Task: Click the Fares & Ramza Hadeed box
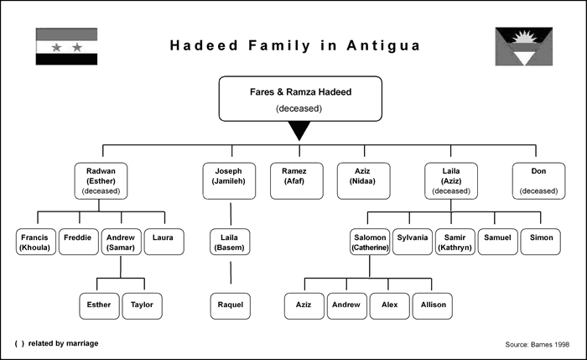(x=300, y=99)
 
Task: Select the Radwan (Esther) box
(x=101, y=181)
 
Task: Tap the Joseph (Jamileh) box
(x=229, y=181)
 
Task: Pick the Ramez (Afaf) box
(x=297, y=181)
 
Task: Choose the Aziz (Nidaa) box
(x=363, y=181)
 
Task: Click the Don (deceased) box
(x=538, y=181)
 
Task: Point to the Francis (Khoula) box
(x=36, y=242)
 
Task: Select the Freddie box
(x=79, y=242)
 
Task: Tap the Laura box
(x=164, y=242)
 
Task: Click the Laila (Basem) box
(x=230, y=242)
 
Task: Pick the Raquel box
(x=231, y=306)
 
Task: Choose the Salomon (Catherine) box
(x=370, y=242)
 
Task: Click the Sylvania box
(x=413, y=242)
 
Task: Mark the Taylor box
(x=143, y=306)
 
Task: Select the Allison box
(x=433, y=306)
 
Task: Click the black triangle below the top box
(x=299, y=129)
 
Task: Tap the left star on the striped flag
(x=56, y=48)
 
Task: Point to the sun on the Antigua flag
(x=524, y=38)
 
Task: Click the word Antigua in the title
(x=383, y=45)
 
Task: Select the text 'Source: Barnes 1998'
(x=538, y=344)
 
